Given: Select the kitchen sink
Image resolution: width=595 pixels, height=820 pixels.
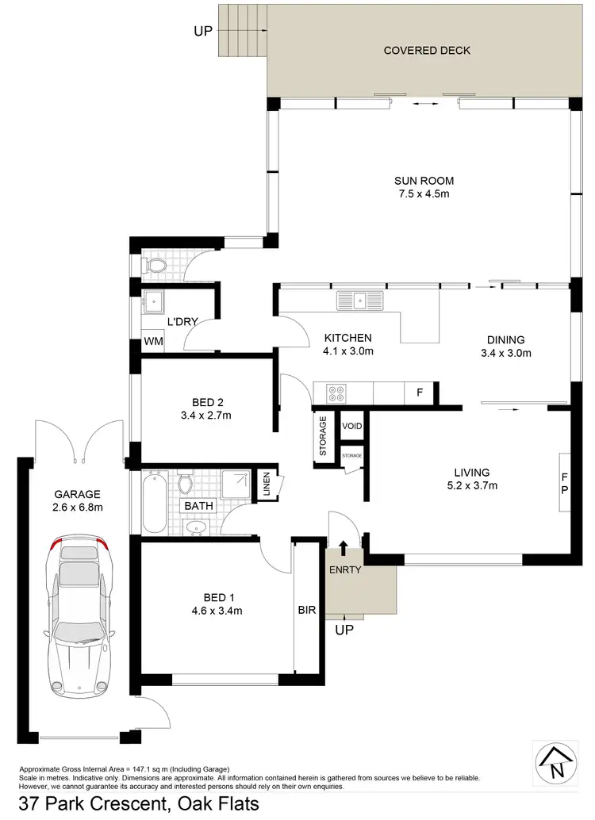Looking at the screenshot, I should (359, 301).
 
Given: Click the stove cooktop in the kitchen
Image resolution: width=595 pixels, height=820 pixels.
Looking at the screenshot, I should (334, 392).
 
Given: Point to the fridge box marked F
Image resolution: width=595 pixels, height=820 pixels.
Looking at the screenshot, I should (419, 392).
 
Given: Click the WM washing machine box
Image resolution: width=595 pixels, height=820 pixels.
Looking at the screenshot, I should (152, 343).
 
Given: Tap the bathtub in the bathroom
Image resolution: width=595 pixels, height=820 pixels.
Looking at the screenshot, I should (154, 503).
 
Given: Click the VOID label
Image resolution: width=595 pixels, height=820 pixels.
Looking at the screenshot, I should (351, 427).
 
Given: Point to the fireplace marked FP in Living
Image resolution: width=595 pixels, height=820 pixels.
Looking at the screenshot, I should (564, 484).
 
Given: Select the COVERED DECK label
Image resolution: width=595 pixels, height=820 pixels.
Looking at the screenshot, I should (427, 51).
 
